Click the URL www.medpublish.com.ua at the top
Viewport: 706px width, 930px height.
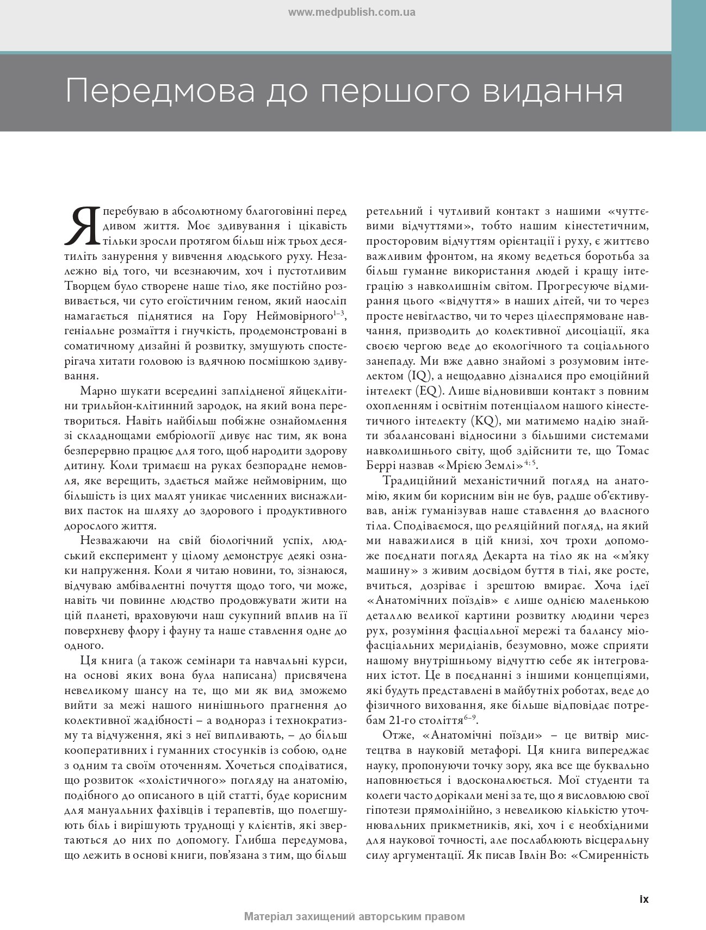click(351, 13)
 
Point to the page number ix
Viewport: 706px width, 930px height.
click(644, 899)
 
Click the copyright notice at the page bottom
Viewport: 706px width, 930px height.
click(355, 916)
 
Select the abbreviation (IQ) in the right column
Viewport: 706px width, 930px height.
click(418, 376)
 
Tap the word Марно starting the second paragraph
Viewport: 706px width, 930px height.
click(98, 391)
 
